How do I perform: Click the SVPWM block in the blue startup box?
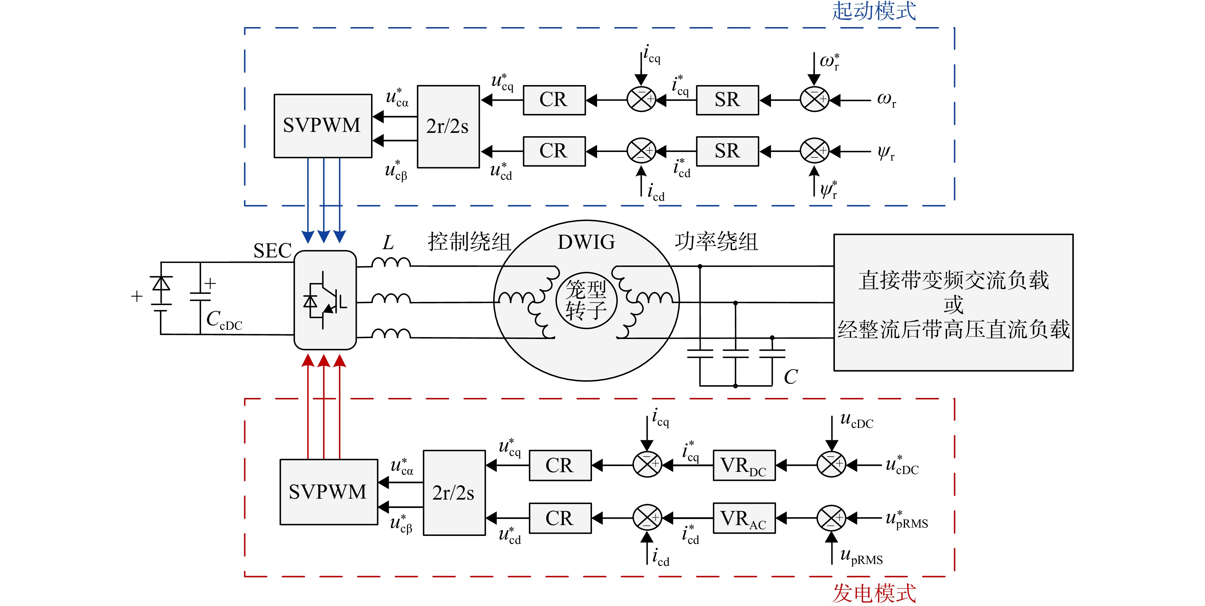point(323,126)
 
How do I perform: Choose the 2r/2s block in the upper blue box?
point(448,126)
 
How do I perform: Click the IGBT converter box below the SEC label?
point(325,300)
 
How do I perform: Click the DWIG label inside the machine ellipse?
point(586,242)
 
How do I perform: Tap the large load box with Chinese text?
point(953,303)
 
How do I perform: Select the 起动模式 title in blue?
point(874,11)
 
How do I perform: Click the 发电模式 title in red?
point(874,593)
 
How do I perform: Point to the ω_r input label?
point(887,100)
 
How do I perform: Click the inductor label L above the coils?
point(388,242)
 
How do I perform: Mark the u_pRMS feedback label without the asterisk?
point(861,556)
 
